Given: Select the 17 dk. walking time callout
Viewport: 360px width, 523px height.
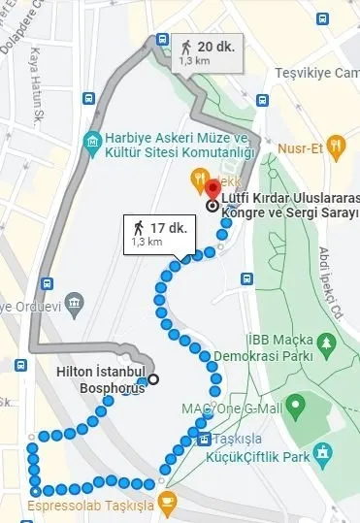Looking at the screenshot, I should point(152,234).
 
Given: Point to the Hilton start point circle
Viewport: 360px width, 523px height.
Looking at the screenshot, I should point(153,378).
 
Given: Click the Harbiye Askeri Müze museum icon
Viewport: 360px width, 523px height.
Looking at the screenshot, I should point(91,145).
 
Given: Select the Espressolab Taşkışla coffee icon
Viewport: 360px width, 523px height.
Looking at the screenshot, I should point(168,501).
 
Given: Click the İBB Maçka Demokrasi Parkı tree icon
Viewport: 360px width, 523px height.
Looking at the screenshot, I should point(327,343).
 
